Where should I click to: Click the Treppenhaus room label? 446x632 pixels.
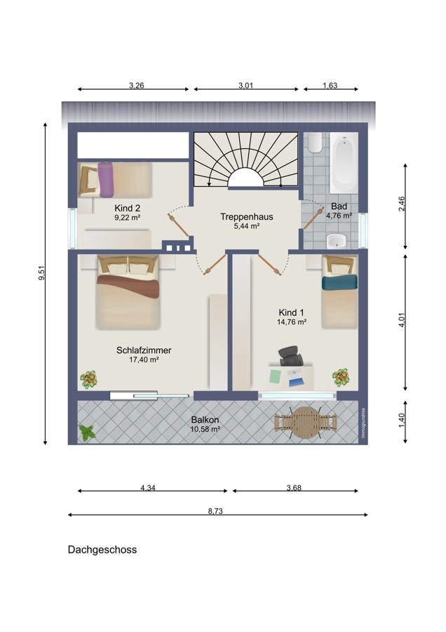tap(246, 217)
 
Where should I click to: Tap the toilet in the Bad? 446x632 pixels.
tap(315, 143)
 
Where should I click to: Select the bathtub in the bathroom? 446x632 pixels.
tap(344, 163)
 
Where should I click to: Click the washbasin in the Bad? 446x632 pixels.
tap(337, 241)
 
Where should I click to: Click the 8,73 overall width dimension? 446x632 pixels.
tap(215, 511)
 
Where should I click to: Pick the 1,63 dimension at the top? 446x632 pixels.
tap(330, 86)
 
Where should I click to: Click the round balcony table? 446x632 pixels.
tap(306, 423)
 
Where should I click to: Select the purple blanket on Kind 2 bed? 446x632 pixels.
tap(107, 180)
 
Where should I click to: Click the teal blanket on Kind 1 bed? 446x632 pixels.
tap(339, 282)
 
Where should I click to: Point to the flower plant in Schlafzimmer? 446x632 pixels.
tap(89, 379)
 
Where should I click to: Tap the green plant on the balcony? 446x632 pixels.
tap(87, 433)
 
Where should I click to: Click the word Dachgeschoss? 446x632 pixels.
tap(102, 550)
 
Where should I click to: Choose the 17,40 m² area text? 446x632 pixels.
tap(144, 360)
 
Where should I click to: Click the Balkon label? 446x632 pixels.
tap(205, 420)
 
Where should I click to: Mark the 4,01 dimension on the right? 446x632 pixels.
tap(402, 320)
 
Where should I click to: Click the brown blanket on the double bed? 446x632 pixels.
tap(128, 285)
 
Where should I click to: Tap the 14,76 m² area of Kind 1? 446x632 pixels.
tap(292, 322)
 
